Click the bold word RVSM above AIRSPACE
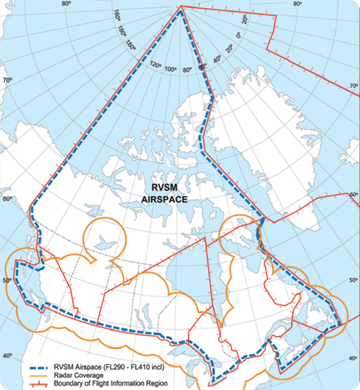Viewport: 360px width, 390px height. pyautogui.click(x=164, y=187)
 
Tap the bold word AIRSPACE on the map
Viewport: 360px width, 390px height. pyautogui.click(x=164, y=200)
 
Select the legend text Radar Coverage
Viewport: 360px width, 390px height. pyautogui.click(x=78, y=375)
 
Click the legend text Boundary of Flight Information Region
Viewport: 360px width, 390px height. pyautogui.click(x=111, y=384)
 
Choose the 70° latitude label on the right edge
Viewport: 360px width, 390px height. pyautogui.click(x=354, y=86)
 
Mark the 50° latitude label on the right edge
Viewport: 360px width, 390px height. pyautogui.click(x=354, y=280)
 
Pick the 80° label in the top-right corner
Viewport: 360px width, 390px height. pyautogui.click(x=298, y=4)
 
